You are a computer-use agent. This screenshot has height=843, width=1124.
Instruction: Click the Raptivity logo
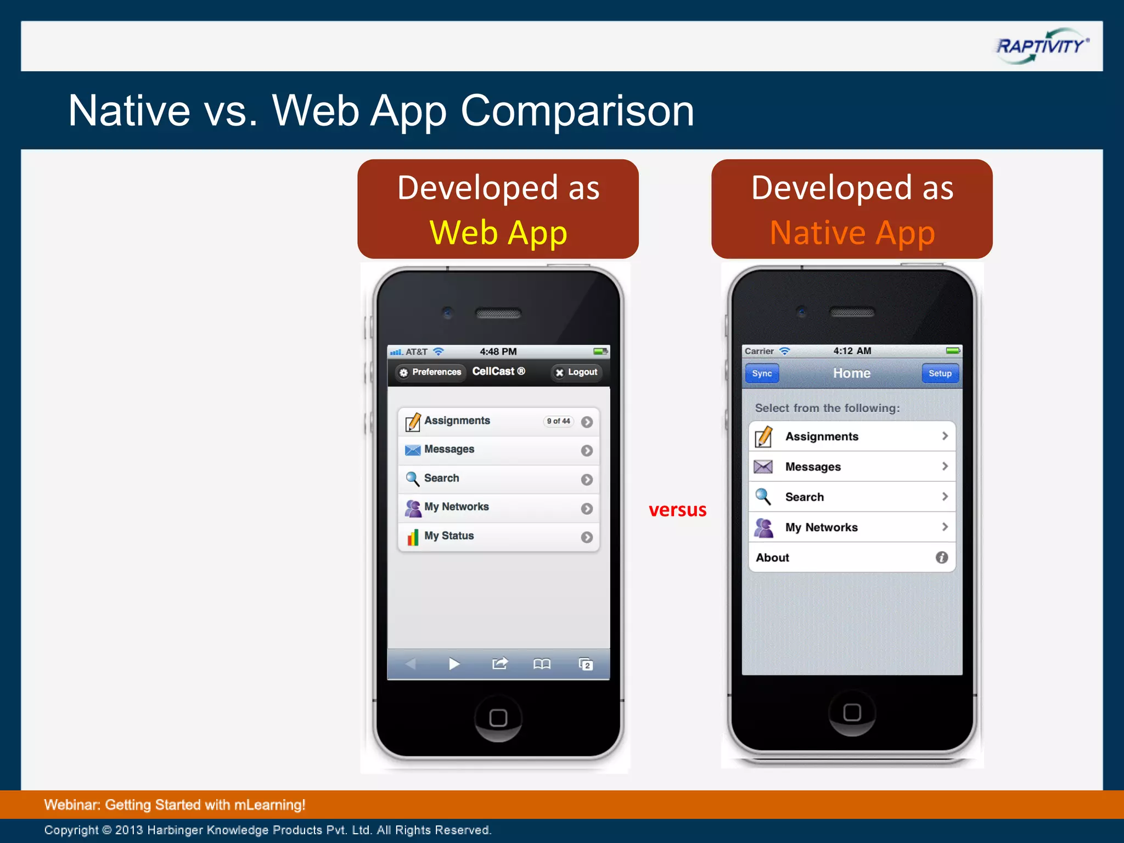click(1041, 46)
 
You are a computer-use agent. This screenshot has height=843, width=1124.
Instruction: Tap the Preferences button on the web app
click(431, 372)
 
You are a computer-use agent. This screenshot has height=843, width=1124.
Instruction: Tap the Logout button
click(576, 372)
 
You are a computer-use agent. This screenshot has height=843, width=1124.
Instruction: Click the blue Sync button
click(762, 374)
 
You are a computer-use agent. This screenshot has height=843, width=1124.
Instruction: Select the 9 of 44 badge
click(558, 421)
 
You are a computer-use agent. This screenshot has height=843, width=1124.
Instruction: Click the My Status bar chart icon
click(413, 537)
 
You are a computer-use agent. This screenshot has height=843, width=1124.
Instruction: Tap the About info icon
click(942, 558)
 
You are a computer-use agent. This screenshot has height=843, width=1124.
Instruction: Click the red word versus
click(677, 510)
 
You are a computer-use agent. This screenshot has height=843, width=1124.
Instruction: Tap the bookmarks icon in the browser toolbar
click(542, 665)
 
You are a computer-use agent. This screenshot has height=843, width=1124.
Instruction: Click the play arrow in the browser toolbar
click(454, 664)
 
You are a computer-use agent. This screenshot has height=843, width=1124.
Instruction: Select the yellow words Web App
click(498, 233)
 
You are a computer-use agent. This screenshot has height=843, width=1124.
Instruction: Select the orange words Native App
click(852, 233)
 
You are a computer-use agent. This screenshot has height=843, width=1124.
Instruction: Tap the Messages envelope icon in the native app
click(763, 467)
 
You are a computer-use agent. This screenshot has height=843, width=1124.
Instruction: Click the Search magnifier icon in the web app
click(412, 479)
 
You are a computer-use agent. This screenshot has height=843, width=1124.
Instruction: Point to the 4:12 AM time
click(852, 351)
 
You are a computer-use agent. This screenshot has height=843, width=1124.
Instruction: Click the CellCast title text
click(498, 372)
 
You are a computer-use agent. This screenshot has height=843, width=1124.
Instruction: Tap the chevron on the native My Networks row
click(945, 527)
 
